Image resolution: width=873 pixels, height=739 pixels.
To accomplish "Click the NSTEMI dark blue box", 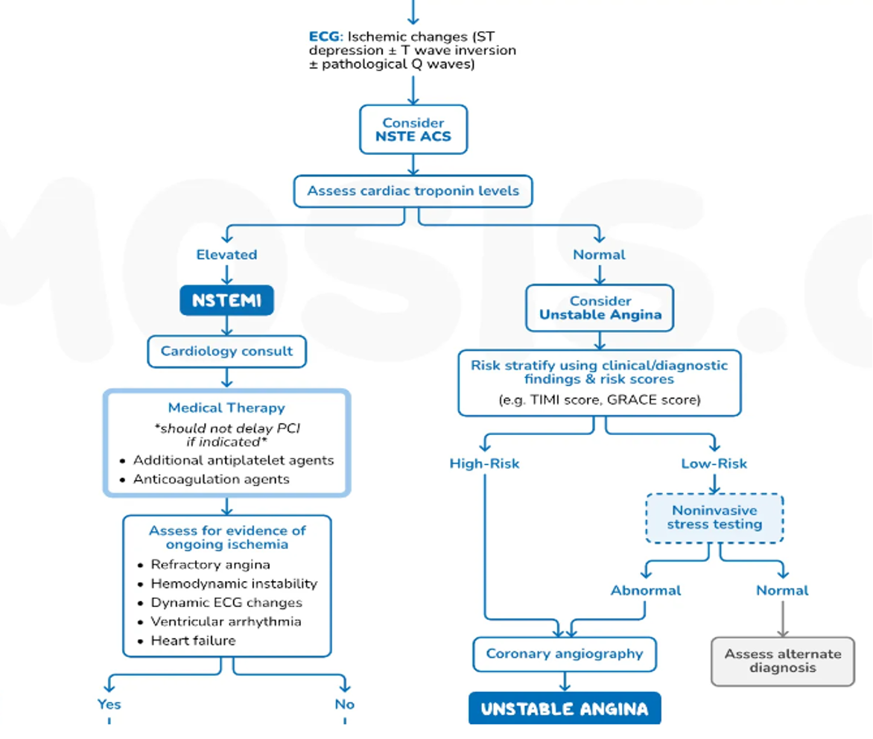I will click(x=226, y=301).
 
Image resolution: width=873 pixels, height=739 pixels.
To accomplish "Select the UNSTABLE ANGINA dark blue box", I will click(x=564, y=708).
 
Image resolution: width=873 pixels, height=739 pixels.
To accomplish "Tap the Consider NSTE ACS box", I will click(x=413, y=130).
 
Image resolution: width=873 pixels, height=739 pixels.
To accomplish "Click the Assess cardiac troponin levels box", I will click(x=413, y=191).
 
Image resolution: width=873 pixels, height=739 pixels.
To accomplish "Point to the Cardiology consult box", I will click(x=226, y=351).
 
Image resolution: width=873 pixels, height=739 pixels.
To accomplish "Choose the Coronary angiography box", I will click(x=564, y=653).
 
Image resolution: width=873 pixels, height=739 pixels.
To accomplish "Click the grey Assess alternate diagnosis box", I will click(x=783, y=661).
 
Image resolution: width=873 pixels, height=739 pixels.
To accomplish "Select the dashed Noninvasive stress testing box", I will click(x=714, y=518).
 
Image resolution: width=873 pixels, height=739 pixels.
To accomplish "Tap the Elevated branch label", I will click(x=226, y=255).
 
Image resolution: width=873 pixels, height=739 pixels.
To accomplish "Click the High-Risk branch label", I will click(x=484, y=463).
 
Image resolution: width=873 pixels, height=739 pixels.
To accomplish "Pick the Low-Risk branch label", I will click(x=714, y=463).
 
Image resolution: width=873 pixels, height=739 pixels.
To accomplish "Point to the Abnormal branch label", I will click(x=646, y=590).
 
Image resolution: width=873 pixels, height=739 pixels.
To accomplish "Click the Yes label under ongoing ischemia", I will click(x=109, y=704).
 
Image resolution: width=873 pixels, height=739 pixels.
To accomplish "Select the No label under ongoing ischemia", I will click(x=345, y=704).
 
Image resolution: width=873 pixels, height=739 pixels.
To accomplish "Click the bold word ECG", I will click(x=323, y=36).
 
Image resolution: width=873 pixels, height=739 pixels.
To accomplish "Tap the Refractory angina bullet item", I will click(x=210, y=565).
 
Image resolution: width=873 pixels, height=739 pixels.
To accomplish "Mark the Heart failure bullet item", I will click(x=193, y=641).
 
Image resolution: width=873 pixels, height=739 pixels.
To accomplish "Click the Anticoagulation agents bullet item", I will click(x=211, y=479).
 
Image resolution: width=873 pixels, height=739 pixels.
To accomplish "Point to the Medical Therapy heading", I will click(x=226, y=407).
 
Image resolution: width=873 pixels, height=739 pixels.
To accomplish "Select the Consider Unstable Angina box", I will click(x=600, y=308).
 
